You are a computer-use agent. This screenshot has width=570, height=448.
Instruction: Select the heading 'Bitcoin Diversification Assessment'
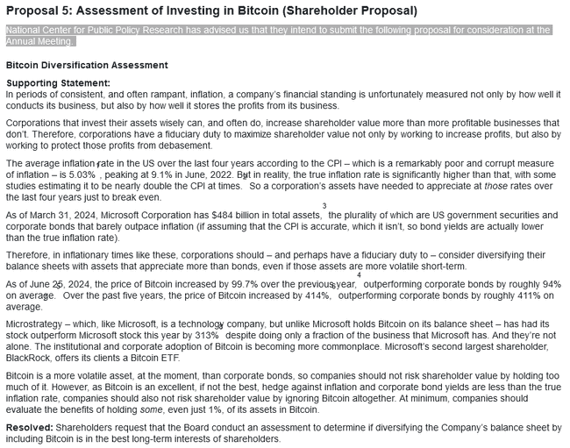[87, 65]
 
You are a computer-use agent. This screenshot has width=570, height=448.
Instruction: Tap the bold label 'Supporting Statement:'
[58, 83]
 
